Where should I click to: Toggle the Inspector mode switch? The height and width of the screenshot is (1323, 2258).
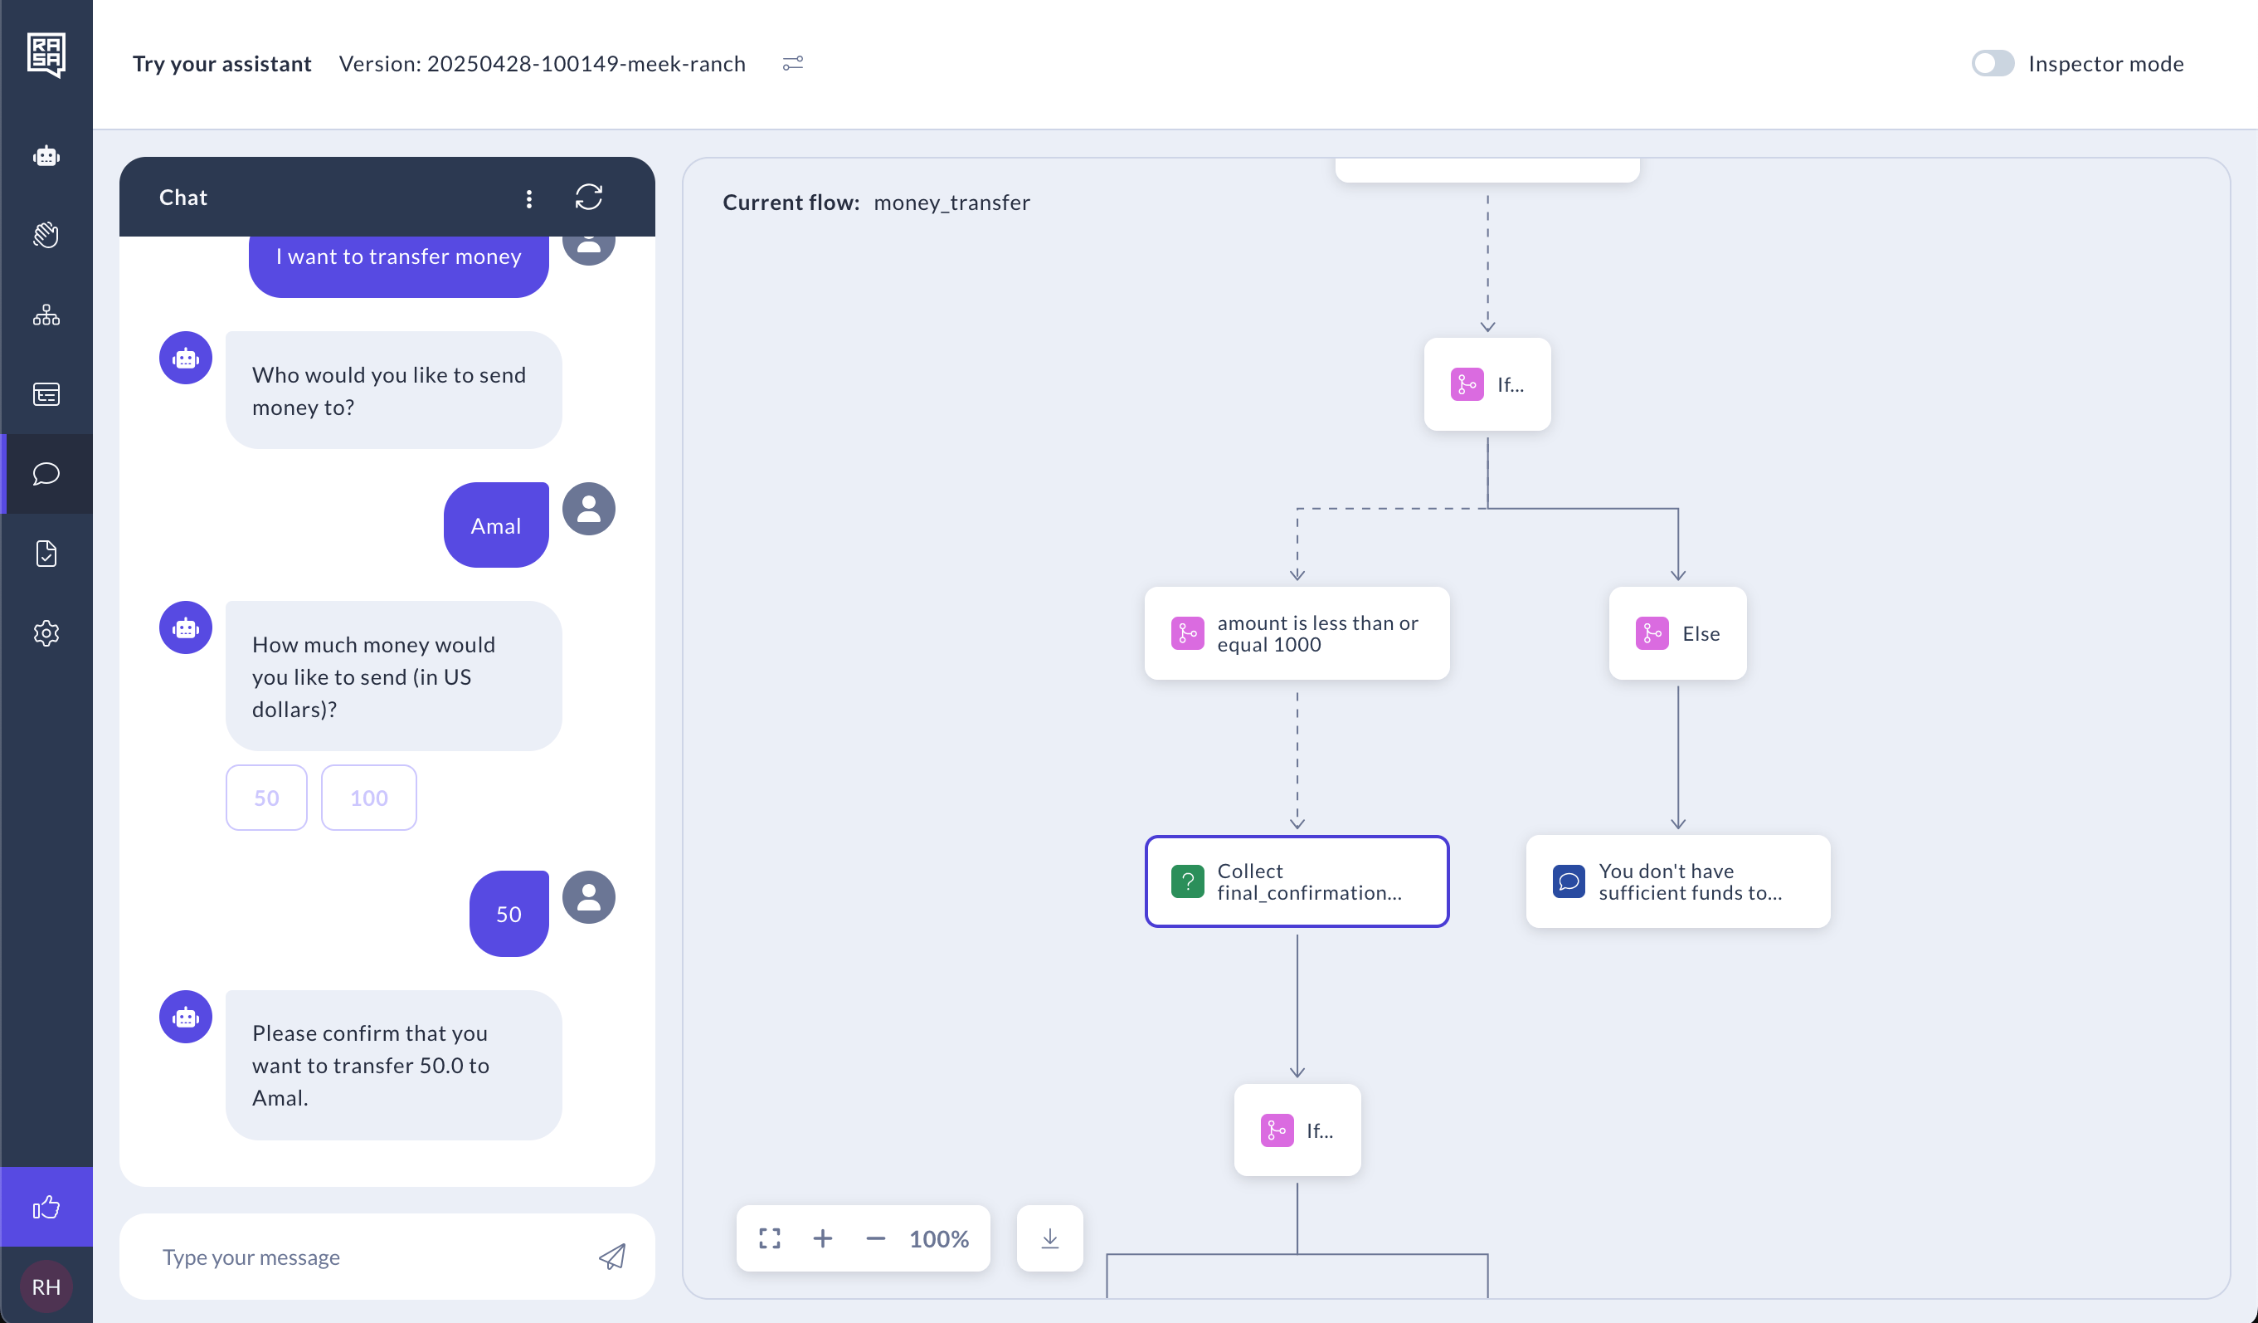(x=1993, y=64)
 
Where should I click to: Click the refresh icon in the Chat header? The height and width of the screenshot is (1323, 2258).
(x=589, y=198)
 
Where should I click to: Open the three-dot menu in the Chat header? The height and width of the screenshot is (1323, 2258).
(x=529, y=198)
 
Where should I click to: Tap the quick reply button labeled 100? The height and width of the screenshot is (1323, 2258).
(x=369, y=798)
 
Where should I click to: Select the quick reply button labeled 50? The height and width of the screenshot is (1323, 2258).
(x=266, y=798)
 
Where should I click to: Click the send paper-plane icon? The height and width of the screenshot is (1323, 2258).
(x=612, y=1257)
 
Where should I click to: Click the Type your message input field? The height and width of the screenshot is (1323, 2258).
(x=367, y=1257)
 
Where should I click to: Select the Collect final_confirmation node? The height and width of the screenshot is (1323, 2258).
(x=1297, y=882)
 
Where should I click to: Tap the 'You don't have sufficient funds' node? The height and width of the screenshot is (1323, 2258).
(x=1677, y=882)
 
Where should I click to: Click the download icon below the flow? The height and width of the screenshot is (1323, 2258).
(x=1050, y=1238)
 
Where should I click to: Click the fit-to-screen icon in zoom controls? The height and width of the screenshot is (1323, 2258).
(x=770, y=1238)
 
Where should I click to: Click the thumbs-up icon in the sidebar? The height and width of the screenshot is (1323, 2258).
(x=46, y=1208)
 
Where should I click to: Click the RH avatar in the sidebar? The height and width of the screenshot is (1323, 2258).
(x=46, y=1287)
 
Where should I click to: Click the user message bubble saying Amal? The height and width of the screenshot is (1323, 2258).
(x=496, y=525)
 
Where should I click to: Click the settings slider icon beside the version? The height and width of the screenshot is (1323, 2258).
(x=793, y=64)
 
